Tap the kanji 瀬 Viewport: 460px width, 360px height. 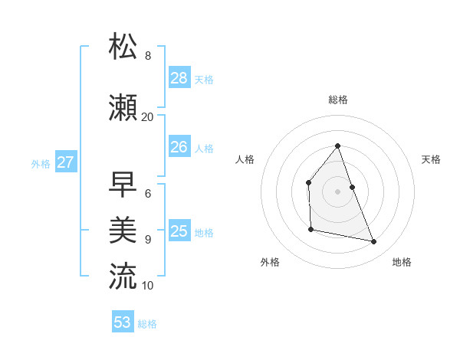coord(123,108)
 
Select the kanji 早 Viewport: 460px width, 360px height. coord(123,185)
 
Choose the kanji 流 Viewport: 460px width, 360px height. coord(123,277)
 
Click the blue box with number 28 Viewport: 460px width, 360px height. coord(179,77)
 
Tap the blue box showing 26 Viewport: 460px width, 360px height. coord(179,146)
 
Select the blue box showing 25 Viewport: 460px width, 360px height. coord(179,231)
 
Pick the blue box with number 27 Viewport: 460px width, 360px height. coord(66,162)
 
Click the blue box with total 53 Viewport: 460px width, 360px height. coord(123,322)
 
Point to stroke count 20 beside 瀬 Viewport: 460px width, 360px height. coord(147,117)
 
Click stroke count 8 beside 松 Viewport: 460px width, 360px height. coord(148,56)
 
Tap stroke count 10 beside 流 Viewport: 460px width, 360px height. coord(147,286)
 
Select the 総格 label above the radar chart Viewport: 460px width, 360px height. coord(337,100)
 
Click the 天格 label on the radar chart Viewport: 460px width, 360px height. coord(431,159)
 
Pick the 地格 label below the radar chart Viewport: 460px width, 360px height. coord(402,262)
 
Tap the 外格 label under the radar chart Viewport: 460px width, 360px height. coord(270,262)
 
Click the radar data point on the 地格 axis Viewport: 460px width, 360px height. coord(374,242)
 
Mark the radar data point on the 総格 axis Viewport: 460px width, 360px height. coord(337,146)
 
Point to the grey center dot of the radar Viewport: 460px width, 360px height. coord(337,191)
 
